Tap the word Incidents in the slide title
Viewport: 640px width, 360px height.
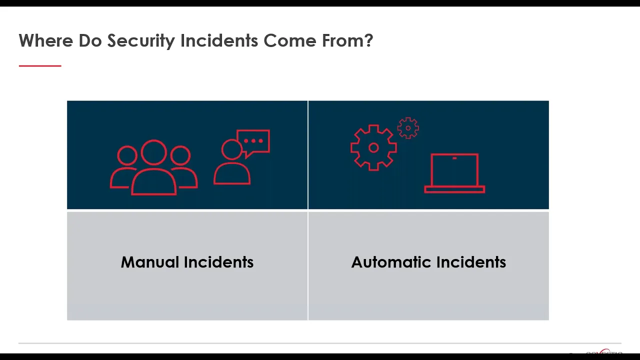point(219,40)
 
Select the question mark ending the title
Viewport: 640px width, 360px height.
point(369,40)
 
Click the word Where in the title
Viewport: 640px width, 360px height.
point(46,40)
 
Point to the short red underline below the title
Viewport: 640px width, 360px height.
point(40,65)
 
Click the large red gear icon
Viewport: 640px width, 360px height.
point(373,147)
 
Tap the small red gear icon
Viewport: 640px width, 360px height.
point(408,128)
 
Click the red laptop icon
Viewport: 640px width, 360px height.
point(454,173)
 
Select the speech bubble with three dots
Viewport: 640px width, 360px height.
point(253,142)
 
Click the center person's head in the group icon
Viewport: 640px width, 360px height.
point(153,152)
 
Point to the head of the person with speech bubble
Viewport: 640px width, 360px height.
point(232,149)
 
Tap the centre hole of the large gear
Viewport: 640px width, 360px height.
point(373,147)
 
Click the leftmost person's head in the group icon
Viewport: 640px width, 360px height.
point(127,155)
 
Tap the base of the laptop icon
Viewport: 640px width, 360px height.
point(454,189)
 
